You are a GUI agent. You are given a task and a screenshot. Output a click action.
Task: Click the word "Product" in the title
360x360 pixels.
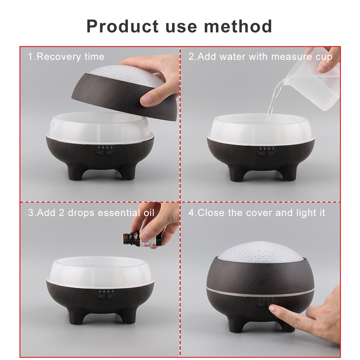[x=123, y=26]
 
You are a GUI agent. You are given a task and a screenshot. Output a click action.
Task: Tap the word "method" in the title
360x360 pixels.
[x=238, y=26]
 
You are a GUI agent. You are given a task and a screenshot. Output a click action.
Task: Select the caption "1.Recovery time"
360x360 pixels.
[x=66, y=57]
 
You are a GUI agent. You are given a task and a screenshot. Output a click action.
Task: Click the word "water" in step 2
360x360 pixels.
[x=232, y=57]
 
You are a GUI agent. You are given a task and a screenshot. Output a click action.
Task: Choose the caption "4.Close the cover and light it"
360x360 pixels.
[x=257, y=213]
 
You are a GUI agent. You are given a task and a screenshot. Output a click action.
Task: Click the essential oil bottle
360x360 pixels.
[x=142, y=239]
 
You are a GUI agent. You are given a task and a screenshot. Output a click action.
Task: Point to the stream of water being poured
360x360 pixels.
[x=273, y=101]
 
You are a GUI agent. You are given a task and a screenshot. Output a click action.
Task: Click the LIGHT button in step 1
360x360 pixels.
[x=100, y=152]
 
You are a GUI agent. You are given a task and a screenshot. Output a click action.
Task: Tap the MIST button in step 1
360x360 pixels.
[x=110, y=152]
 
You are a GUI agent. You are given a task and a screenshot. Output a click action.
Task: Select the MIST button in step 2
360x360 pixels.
[x=271, y=153]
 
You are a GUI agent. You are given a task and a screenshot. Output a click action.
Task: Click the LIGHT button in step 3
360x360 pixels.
[x=101, y=296]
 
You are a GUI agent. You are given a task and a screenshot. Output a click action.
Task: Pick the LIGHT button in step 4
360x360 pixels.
[x=261, y=305]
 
